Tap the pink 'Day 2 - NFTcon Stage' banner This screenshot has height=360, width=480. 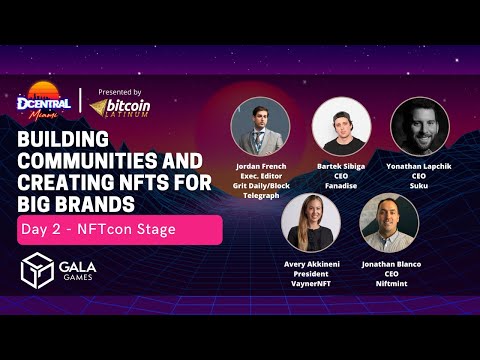(118, 230)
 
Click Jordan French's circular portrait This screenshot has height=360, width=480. (260, 126)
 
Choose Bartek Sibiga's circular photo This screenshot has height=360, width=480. (339, 125)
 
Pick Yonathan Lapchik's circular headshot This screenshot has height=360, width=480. (419, 125)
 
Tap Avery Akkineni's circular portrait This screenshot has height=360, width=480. (310, 221)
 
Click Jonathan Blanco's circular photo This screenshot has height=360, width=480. (389, 221)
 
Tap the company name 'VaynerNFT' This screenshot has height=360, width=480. (310, 282)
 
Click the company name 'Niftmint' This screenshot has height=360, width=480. (389, 282)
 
